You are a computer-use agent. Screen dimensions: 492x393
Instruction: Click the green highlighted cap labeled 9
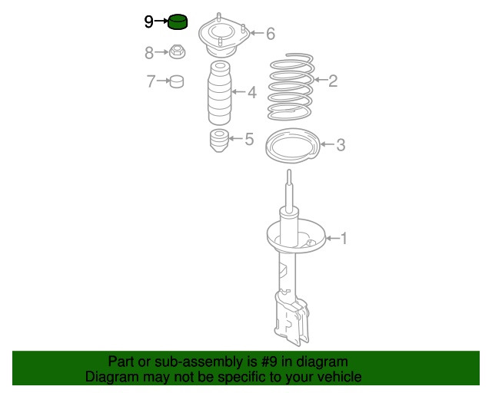click(x=178, y=21)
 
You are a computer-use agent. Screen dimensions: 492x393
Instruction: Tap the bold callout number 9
click(x=148, y=21)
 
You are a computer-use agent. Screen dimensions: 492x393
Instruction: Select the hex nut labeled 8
click(x=178, y=51)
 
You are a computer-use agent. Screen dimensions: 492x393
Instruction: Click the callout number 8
click(x=149, y=53)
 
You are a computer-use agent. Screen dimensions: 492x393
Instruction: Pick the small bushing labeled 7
click(x=177, y=81)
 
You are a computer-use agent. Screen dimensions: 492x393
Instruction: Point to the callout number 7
click(x=151, y=81)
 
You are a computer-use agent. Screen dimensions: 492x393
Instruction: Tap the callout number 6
click(x=271, y=34)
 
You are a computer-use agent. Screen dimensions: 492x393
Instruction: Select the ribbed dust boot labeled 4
click(x=220, y=94)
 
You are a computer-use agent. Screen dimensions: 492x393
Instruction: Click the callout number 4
click(x=252, y=92)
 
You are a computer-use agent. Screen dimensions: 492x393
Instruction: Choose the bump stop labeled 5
click(x=218, y=141)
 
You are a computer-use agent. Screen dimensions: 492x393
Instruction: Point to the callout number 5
click(x=249, y=139)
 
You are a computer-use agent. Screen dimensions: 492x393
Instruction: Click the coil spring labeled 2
click(x=291, y=87)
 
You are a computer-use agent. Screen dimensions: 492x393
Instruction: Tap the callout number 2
click(x=333, y=81)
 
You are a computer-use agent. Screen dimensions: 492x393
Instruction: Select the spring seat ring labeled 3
click(x=292, y=145)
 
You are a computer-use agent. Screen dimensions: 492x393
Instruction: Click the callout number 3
click(x=341, y=145)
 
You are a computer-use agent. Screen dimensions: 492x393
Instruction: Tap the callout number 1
click(x=344, y=239)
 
